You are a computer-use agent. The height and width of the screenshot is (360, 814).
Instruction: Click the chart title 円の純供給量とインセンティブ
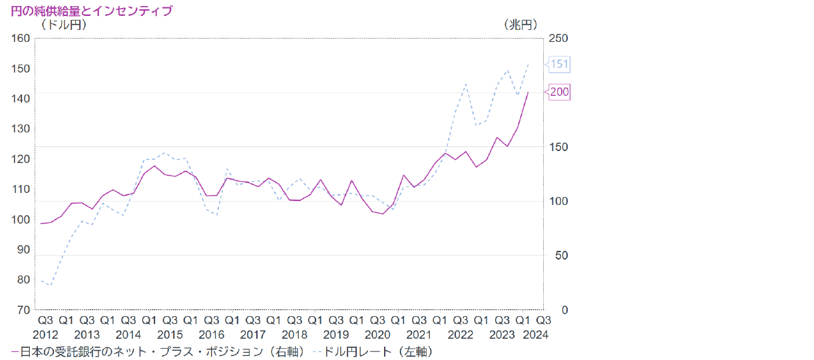(x=91, y=11)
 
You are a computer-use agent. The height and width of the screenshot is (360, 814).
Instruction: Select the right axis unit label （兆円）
(x=520, y=25)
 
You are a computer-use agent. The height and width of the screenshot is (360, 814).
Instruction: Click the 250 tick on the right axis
(x=558, y=38)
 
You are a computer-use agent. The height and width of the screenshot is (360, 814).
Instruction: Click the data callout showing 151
(x=560, y=65)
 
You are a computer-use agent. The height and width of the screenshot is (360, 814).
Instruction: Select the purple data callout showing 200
(x=560, y=92)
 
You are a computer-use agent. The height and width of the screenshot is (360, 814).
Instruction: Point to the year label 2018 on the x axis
(x=294, y=335)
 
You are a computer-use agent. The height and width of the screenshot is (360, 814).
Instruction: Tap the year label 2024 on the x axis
(x=535, y=335)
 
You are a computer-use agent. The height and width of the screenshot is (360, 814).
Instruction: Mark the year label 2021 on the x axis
(x=419, y=335)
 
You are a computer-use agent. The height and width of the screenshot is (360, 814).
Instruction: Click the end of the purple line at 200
(x=528, y=92)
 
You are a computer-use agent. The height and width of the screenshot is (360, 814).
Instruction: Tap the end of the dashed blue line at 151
(x=528, y=65)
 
